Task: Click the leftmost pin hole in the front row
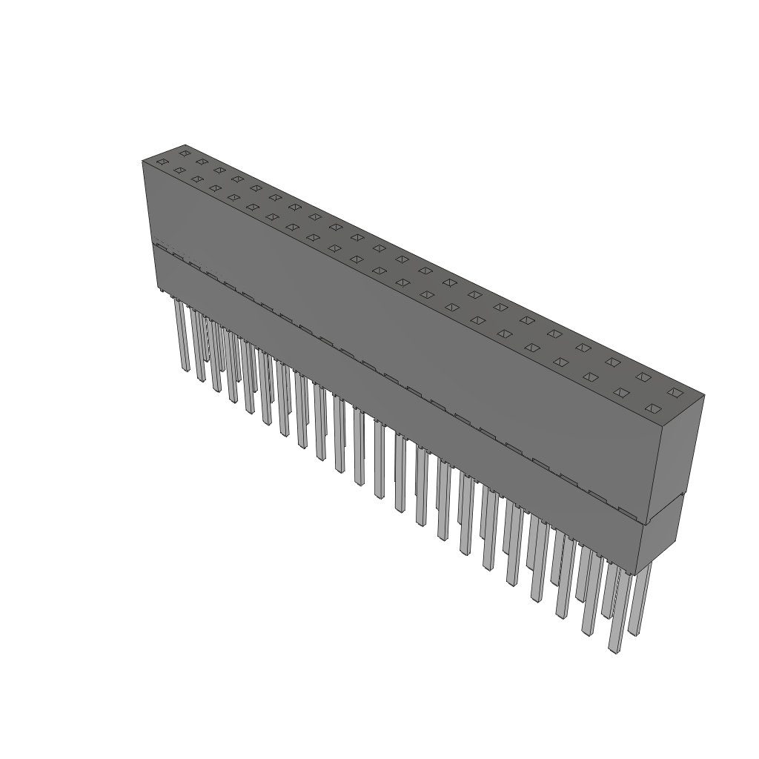tap(162, 162)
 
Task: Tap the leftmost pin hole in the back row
tap(185, 153)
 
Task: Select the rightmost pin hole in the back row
tap(674, 392)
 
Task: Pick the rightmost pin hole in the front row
tap(652, 408)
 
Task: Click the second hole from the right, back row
tap(643, 377)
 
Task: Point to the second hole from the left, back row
tap(202, 162)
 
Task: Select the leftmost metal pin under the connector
tap(181, 334)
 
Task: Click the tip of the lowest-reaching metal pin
tap(614, 650)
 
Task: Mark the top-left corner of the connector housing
tap(142, 161)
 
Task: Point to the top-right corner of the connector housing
tap(703, 395)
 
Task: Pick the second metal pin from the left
tap(198, 345)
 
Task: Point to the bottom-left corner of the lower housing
tap(158, 289)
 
